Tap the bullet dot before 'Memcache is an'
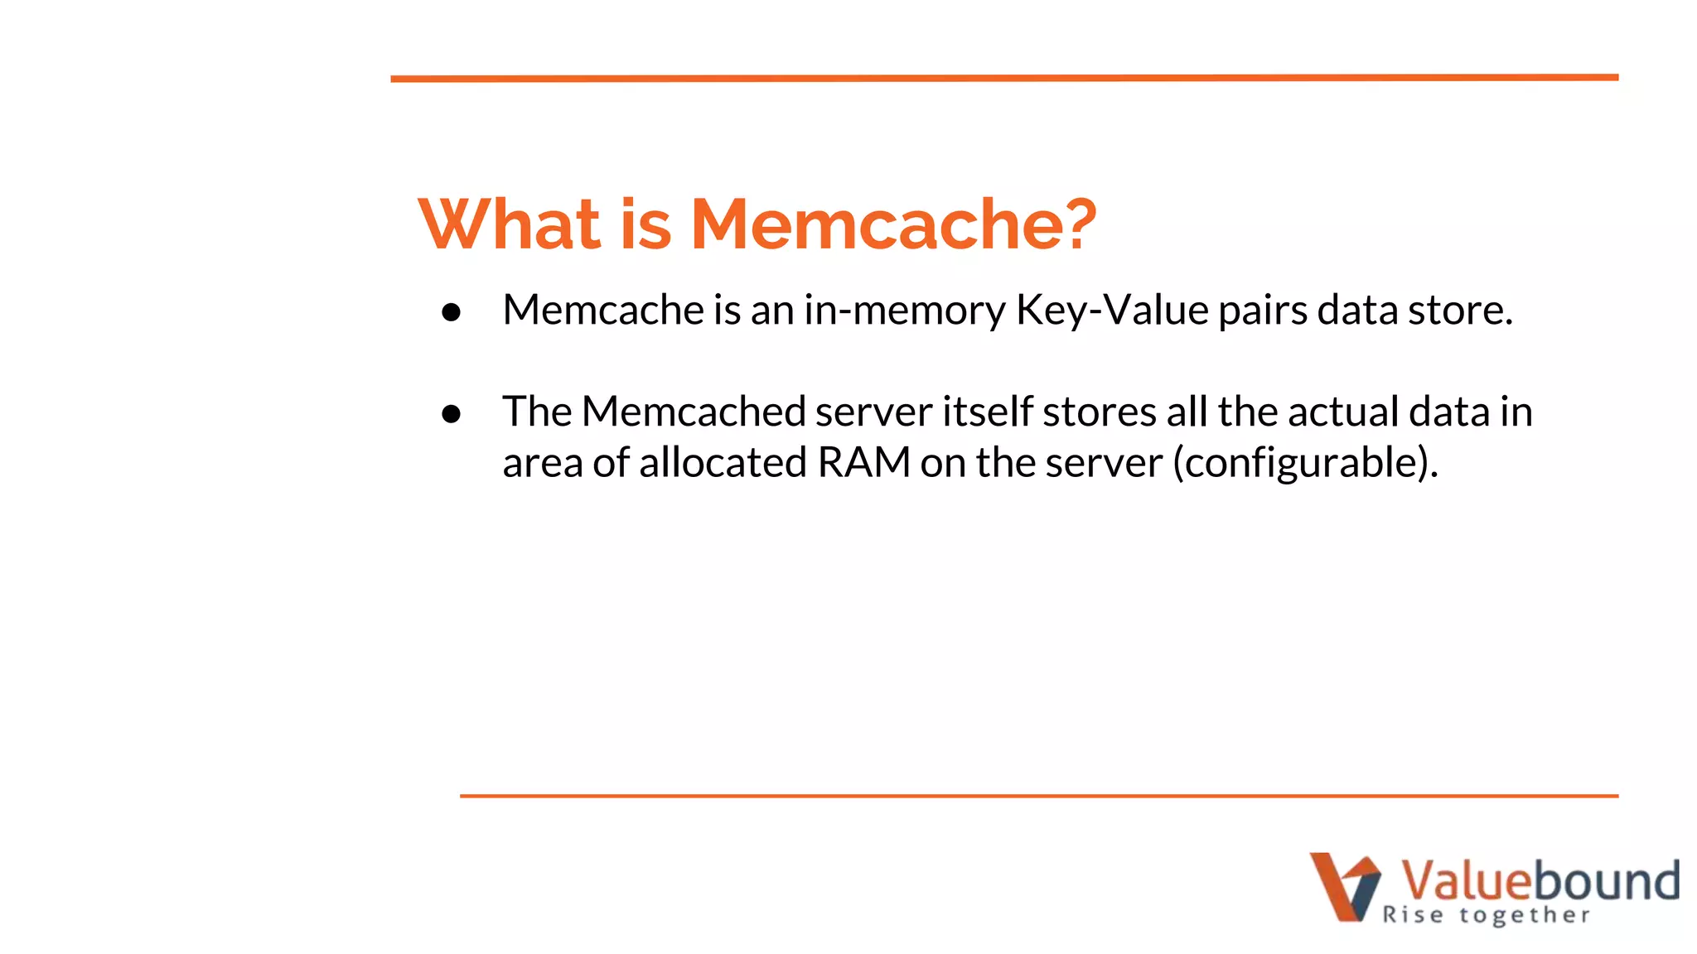tap(452, 312)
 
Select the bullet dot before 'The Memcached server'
tap(452, 413)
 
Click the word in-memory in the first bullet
tap(904, 311)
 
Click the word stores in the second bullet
tap(1099, 412)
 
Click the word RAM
tap(864, 462)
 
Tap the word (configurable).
tap(1305, 462)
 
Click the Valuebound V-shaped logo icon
tap(1345, 886)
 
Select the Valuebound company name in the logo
tap(1540, 880)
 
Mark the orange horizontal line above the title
tap(1004, 78)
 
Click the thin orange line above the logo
tap(1039, 796)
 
